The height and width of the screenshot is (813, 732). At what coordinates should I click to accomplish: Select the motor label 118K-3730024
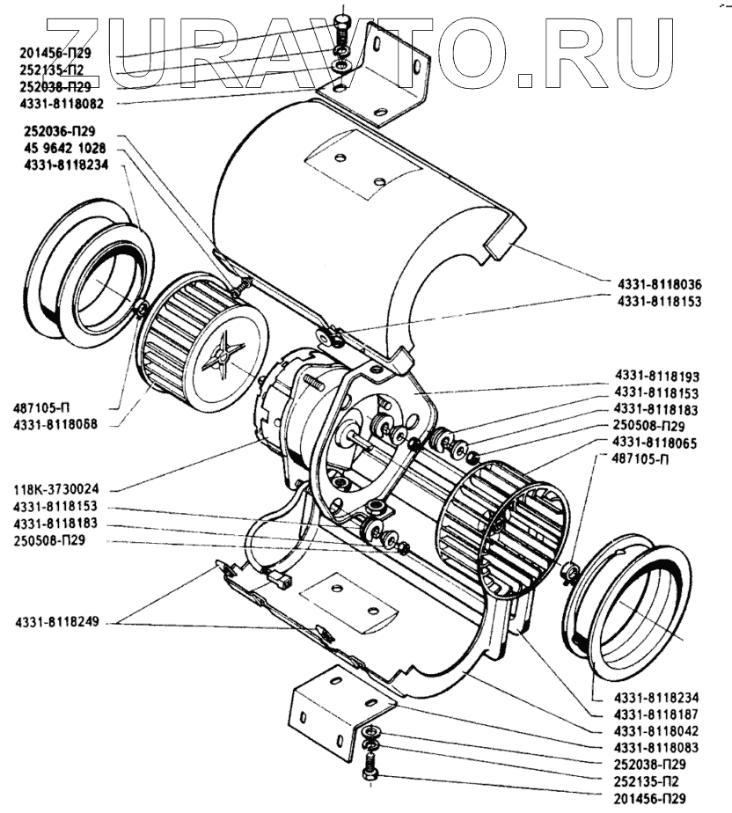point(55,490)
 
